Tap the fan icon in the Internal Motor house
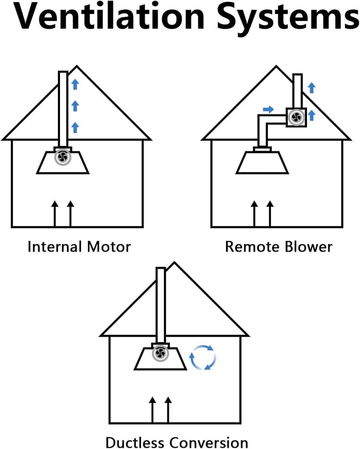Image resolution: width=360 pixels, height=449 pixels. click(x=62, y=157)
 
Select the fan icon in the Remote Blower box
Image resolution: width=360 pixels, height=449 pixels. click(x=297, y=117)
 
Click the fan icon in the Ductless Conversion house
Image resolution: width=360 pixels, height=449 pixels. click(x=160, y=353)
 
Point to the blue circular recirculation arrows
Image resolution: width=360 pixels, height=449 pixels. click(x=203, y=358)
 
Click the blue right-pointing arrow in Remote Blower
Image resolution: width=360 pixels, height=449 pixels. click(x=269, y=109)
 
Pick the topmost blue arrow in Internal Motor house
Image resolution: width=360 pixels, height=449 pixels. click(x=75, y=84)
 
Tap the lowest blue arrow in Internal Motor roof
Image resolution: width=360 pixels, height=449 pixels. click(x=75, y=127)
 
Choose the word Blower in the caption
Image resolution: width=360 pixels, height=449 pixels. click(x=306, y=247)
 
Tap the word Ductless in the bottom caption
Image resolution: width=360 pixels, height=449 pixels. click(x=135, y=442)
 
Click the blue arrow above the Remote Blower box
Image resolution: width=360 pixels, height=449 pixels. click(x=311, y=88)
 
